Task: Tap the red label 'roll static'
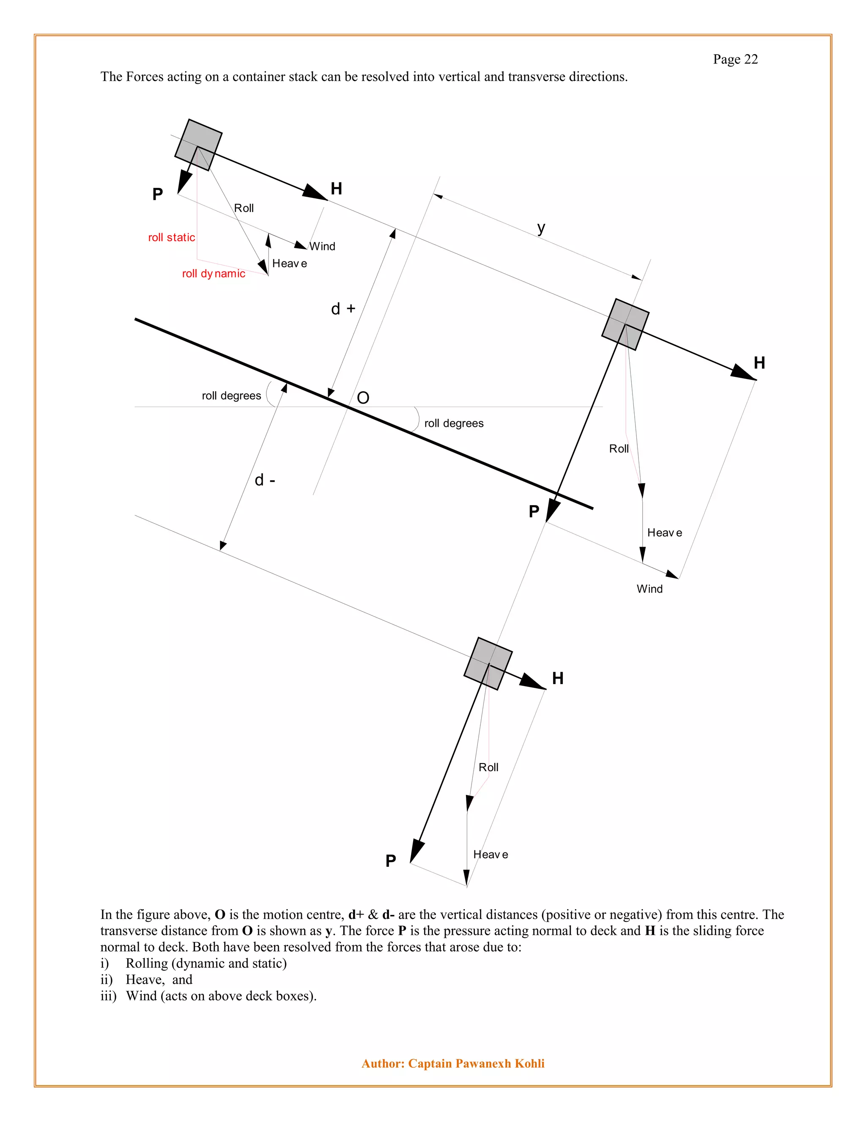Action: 171,237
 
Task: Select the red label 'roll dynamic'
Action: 214,274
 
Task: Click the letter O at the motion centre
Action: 363,398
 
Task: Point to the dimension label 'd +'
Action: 343,308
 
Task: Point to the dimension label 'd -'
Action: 265,480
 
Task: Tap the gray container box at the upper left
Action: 198,145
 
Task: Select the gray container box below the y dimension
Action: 625,324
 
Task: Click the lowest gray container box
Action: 488,663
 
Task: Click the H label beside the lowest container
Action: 558,679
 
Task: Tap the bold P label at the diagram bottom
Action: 390,861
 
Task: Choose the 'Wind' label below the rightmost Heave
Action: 649,589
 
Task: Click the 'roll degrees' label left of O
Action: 231,396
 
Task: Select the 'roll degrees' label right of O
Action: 454,423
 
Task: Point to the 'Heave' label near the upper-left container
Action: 289,263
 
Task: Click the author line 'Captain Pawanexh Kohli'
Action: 476,1063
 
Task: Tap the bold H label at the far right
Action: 759,363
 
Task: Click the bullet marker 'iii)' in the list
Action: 108,996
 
